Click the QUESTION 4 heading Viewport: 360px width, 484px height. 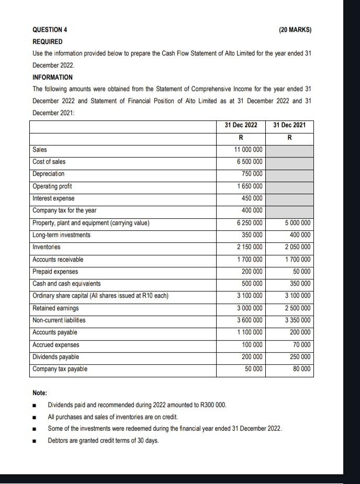pyautogui.click(x=50, y=30)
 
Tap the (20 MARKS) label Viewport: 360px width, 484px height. pyautogui.click(x=296, y=30)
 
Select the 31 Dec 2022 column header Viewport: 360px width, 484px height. pyautogui.click(x=241, y=125)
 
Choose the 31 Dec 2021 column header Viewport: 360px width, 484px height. pyautogui.click(x=289, y=125)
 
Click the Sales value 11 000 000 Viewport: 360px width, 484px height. pyautogui.click(x=248, y=150)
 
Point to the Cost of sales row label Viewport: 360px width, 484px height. pyautogui.click(x=49, y=162)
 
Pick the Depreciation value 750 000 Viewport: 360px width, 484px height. pyautogui.click(x=252, y=174)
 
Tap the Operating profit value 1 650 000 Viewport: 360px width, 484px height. pyautogui.click(x=250, y=186)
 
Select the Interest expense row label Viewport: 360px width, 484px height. pyautogui.click(x=53, y=198)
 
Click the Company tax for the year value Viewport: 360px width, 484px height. pyautogui.click(x=252, y=210)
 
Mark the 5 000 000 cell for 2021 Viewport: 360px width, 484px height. pyautogui.click(x=298, y=223)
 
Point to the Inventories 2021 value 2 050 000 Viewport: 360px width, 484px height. pyautogui.click(x=298, y=247)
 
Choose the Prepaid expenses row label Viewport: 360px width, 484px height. pyautogui.click(x=55, y=272)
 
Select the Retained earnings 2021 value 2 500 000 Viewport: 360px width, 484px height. pyautogui.click(x=298, y=308)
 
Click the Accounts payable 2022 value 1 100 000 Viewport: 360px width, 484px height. pyautogui.click(x=250, y=332)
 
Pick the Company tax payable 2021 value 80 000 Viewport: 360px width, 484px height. pyautogui.click(x=301, y=369)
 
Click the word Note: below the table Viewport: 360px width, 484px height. pyautogui.click(x=40, y=392)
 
